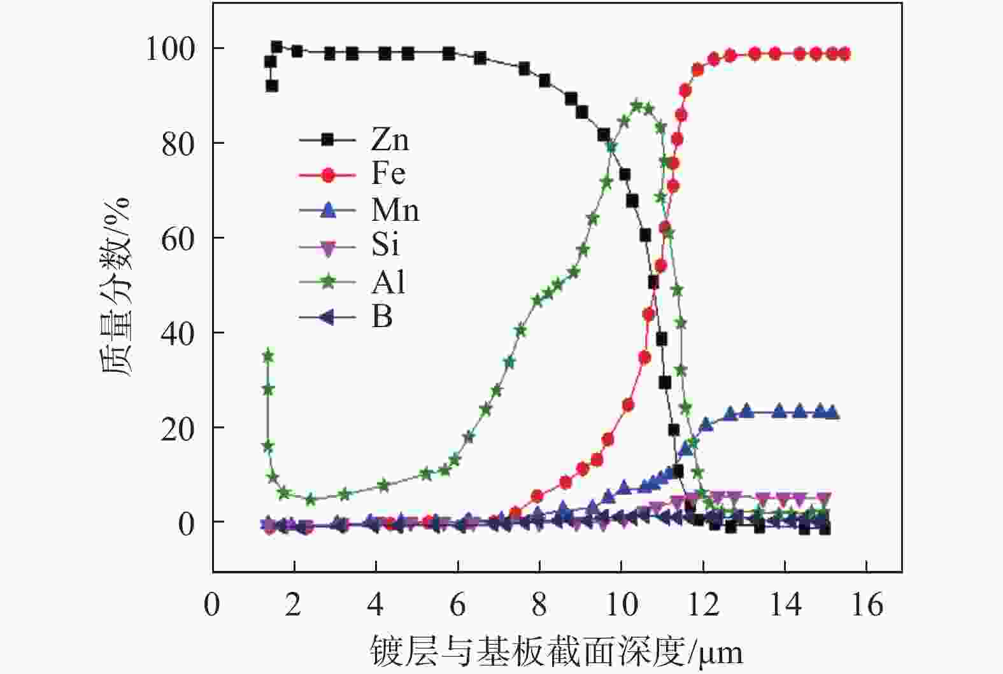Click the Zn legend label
click(390, 139)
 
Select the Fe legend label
click(388, 174)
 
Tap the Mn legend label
click(395, 209)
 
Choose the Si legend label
click(385, 245)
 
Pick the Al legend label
click(387, 281)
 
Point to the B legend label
click(381, 316)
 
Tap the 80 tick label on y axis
click(178, 144)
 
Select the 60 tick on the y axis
click(178, 239)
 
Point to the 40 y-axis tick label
click(178, 333)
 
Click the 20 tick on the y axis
click(178, 428)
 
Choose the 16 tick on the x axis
click(866, 604)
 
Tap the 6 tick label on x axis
click(457, 604)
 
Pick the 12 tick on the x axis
click(703, 604)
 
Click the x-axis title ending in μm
click(556, 651)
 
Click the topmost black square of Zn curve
click(276, 46)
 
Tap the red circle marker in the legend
click(327, 174)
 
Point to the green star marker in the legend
click(327, 281)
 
